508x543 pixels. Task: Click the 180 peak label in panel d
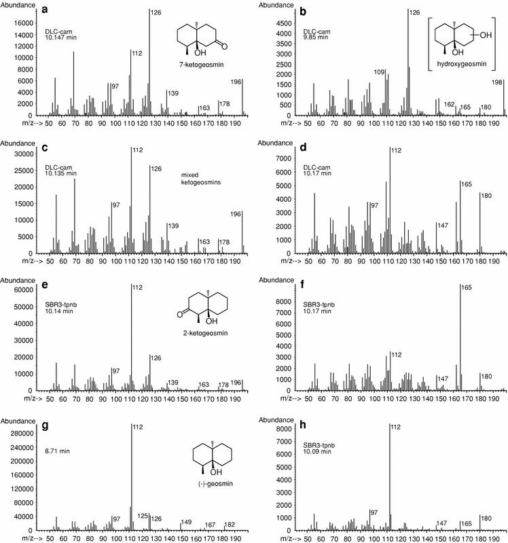click(486, 196)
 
